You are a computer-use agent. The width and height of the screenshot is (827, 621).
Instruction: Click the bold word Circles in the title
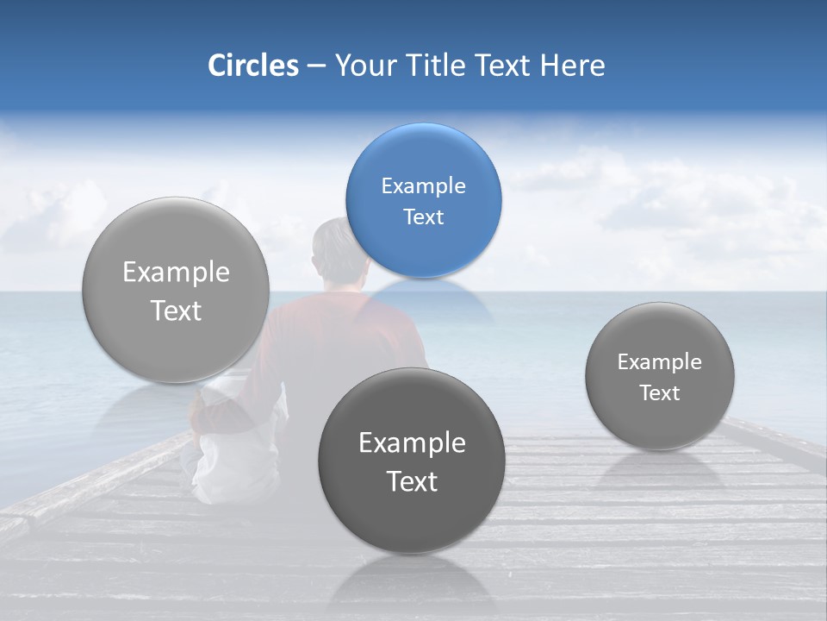(252, 66)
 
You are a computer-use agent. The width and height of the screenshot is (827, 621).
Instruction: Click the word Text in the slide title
(505, 66)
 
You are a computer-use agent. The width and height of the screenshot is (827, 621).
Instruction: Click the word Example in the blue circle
(423, 186)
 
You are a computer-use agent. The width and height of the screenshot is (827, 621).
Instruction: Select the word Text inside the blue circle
(423, 217)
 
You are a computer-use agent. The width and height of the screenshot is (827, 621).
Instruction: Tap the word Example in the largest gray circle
(176, 273)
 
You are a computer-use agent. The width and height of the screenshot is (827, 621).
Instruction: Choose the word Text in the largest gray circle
(176, 310)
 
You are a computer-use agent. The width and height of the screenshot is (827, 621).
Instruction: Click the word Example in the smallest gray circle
(659, 362)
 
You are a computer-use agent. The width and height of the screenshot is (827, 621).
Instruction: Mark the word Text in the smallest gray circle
(659, 393)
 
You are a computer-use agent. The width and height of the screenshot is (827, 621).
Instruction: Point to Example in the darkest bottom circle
(412, 443)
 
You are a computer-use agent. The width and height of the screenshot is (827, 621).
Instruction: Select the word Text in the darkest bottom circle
(412, 481)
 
